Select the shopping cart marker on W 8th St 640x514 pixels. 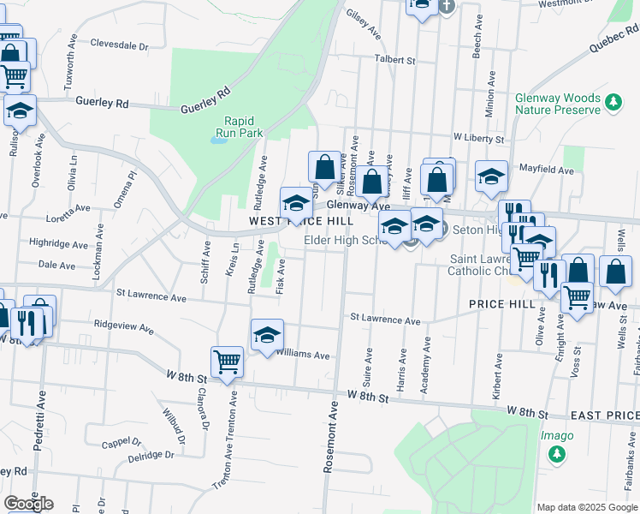[227, 362]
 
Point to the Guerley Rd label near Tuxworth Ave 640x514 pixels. [101, 102]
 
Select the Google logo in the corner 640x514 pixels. [28, 504]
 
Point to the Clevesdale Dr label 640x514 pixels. [119, 45]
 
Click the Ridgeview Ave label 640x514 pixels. [123, 327]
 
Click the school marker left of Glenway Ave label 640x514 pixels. [296, 203]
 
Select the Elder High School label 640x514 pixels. [347, 241]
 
